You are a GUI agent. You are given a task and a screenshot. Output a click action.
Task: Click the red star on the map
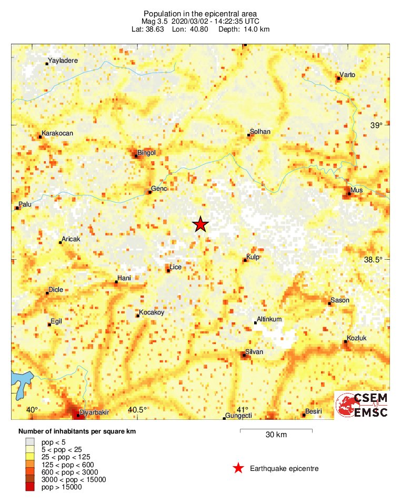200,224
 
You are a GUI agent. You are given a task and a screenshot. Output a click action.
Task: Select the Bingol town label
146,153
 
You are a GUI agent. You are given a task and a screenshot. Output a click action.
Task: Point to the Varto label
347,75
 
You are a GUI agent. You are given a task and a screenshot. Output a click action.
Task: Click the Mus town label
356,190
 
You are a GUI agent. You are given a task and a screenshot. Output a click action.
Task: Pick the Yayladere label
63,61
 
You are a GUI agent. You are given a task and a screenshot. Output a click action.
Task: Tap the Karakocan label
57,133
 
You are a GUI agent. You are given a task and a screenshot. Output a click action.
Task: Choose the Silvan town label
254,352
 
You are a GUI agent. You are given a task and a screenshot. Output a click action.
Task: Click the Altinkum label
268,320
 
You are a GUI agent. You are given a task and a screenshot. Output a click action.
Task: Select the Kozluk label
356,338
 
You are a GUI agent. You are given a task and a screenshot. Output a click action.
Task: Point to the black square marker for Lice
168,271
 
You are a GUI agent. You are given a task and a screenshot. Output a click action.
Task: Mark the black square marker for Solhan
249,135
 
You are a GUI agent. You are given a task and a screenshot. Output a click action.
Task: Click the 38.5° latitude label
376,260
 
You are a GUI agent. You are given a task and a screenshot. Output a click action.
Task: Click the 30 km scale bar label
276,435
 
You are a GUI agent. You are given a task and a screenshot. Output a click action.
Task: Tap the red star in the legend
238,468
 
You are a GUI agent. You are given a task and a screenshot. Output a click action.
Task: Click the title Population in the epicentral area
200,13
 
